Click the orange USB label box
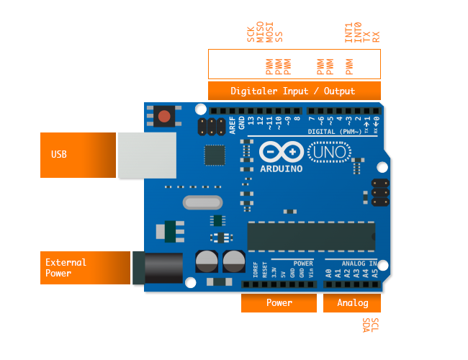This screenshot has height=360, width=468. click(x=78, y=155)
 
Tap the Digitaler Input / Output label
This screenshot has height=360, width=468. click(x=293, y=91)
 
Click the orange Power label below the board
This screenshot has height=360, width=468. click(x=279, y=303)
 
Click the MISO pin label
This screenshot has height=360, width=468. click(x=260, y=34)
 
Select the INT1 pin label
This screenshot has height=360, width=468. click(x=348, y=32)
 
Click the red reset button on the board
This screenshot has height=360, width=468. click(x=164, y=116)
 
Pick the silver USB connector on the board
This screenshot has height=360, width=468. click(x=147, y=156)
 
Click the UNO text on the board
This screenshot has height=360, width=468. click(x=329, y=153)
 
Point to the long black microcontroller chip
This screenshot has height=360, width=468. click(x=311, y=236)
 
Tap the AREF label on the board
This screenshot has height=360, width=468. click(x=232, y=122)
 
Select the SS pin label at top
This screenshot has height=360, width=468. click(x=279, y=36)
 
